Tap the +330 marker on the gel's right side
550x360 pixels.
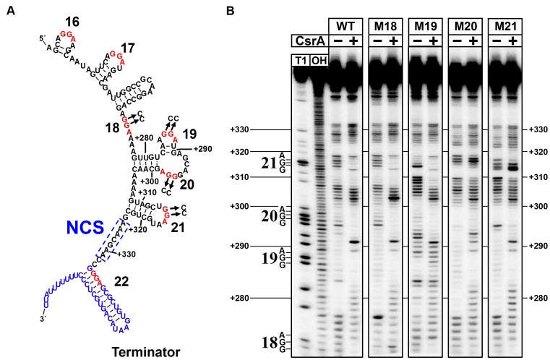click(538, 130)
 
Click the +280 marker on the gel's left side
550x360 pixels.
click(241, 298)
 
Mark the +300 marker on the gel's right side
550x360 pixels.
click(538, 207)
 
